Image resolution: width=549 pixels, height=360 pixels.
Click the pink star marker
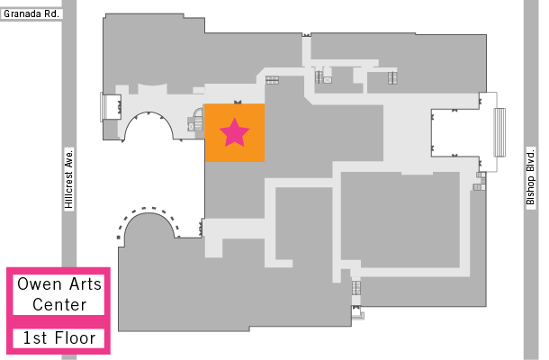[234, 132]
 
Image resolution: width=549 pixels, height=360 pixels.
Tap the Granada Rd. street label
[31, 14]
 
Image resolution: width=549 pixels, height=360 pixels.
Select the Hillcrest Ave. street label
[69, 179]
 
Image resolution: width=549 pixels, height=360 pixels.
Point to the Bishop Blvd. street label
[531, 177]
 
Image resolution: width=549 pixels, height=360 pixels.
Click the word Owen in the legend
[40, 284]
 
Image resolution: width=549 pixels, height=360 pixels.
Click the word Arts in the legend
[85, 284]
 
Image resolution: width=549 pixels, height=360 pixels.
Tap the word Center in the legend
[59, 305]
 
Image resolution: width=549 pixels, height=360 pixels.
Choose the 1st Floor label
[58, 338]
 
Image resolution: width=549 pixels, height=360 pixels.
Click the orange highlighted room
[235, 132]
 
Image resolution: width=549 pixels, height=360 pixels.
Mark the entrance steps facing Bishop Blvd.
[499, 132]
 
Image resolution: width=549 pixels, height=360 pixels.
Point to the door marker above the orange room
[238, 102]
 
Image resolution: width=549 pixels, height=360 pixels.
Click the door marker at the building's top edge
[306, 35]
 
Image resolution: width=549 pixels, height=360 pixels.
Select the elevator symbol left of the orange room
[191, 126]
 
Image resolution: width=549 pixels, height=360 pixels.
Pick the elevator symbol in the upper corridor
[328, 80]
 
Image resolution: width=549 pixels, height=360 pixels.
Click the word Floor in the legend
[75, 338]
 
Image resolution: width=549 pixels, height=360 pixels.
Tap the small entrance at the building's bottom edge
[357, 312]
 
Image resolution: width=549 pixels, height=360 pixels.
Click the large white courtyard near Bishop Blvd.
[455, 133]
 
